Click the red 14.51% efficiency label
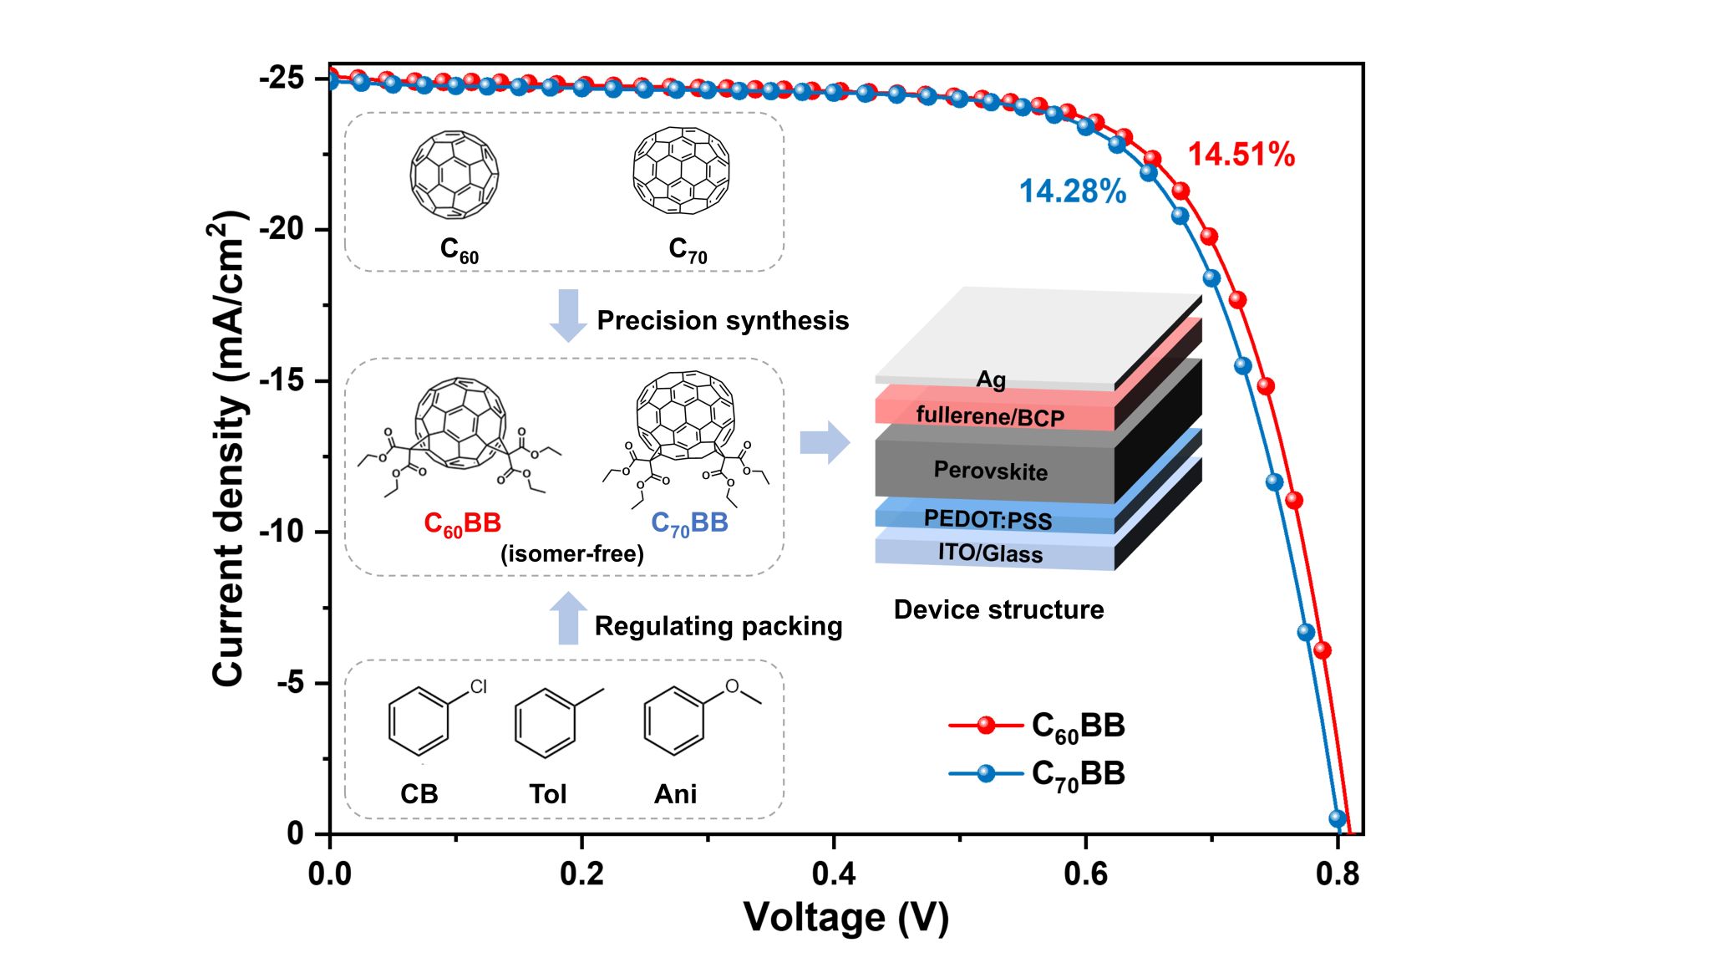click(x=1241, y=155)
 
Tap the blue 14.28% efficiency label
click(x=1072, y=191)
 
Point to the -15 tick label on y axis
click(x=282, y=380)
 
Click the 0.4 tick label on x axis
click(x=833, y=874)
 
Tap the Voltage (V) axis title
click(x=845, y=917)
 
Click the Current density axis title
click(x=228, y=448)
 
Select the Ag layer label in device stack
click(x=991, y=380)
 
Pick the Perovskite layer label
click(x=990, y=471)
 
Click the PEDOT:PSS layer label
click(x=988, y=519)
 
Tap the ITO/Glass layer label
click(x=990, y=553)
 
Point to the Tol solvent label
click(x=547, y=793)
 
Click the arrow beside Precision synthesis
click(x=568, y=315)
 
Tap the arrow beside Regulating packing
click(x=568, y=619)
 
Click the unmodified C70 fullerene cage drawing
click(x=681, y=171)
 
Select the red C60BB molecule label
click(x=462, y=524)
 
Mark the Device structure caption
click(x=998, y=609)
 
